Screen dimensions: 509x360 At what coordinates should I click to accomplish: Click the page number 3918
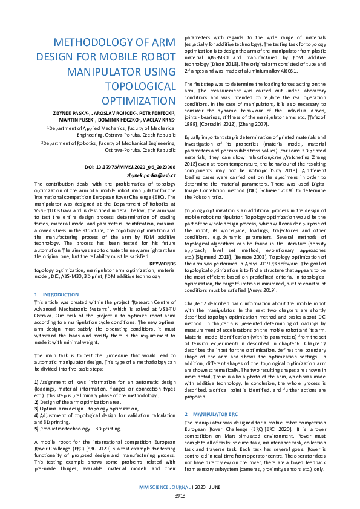pyautogui.click(x=180, y=495)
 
